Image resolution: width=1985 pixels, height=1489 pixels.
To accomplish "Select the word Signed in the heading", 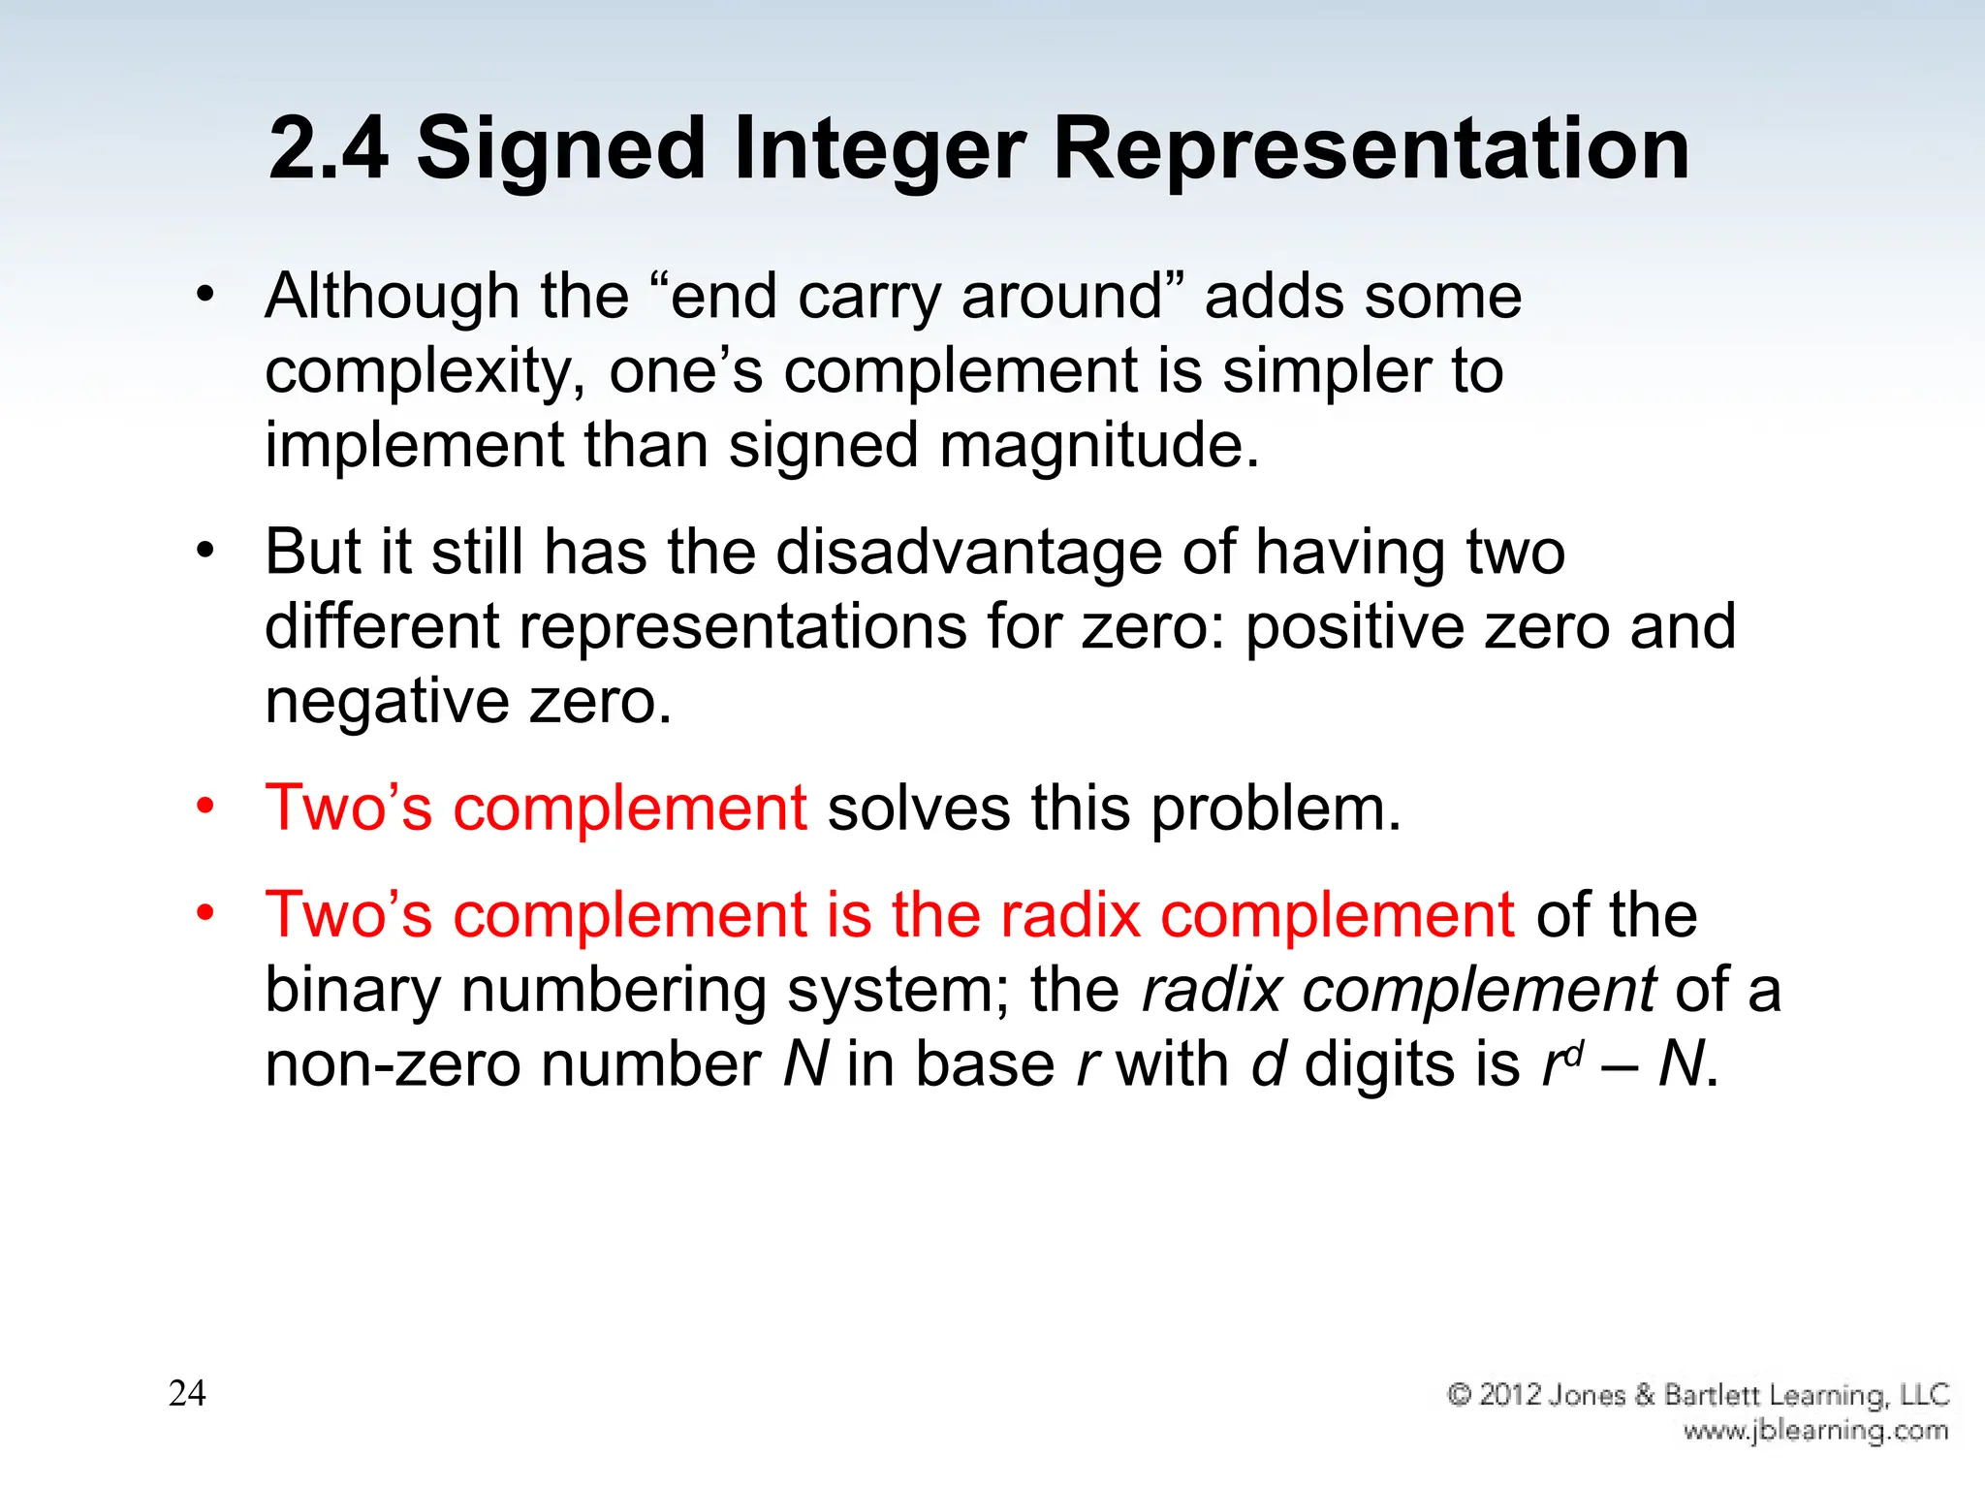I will [x=561, y=150].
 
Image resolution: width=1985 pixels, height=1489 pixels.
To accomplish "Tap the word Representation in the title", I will [x=1371, y=150].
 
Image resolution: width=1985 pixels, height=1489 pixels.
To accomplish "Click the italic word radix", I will [x=1211, y=990].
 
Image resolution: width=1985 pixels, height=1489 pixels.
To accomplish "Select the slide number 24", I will [x=187, y=1393].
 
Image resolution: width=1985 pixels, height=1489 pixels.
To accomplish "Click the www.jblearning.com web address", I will [x=1814, y=1431].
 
